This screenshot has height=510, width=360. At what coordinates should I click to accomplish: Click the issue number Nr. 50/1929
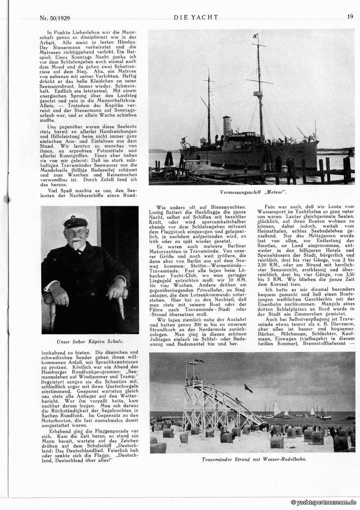(x=56, y=18)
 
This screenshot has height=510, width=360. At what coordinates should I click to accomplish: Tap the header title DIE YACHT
(x=196, y=17)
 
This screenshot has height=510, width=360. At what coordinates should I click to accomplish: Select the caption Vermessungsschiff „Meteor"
(x=253, y=192)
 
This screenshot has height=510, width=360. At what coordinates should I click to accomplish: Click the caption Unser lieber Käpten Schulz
(x=89, y=341)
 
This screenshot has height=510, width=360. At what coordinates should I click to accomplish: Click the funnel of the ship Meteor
(x=227, y=126)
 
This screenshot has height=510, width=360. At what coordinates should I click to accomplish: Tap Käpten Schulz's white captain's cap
(x=75, y=220)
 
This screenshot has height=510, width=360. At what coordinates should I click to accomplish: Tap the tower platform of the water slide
(x=194, y=384)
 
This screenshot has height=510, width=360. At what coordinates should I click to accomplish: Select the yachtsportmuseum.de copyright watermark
(x=324, y=502)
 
